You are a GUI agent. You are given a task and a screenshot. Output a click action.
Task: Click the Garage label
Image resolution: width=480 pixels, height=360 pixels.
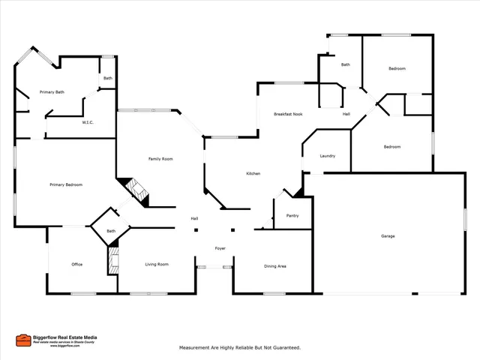(x=388, y=236)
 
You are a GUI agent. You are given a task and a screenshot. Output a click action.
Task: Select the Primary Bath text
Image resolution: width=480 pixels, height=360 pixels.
(x=52, y=92)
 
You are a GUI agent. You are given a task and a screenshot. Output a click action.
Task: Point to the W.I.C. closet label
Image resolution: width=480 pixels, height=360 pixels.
(x=88, y=122)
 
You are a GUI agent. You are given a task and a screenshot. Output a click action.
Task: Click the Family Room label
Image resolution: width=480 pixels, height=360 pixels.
(x=160, y=159)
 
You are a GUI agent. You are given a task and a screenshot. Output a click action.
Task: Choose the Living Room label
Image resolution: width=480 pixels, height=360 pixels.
(x=157, y=264)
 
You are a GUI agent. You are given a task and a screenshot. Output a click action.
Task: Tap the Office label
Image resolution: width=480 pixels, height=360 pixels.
(x=76, y=264)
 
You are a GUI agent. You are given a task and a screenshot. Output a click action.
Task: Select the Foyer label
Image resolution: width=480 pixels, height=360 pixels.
(x=220, y=248)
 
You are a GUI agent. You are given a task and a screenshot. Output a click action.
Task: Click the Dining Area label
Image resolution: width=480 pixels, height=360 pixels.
(x=275, y=265)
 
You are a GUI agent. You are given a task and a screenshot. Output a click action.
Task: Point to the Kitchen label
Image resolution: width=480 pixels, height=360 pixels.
(x=253, y=174)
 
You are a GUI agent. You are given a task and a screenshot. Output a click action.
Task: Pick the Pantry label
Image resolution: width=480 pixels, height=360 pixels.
(x=292, y=216)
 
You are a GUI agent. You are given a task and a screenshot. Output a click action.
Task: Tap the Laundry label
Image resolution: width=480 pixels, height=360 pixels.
(x=327, y=156)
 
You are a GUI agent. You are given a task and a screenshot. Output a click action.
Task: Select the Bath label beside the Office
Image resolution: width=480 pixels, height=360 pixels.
(x=111, y=231)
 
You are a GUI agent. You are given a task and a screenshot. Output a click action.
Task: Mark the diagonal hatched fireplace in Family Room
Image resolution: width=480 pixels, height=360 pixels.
(x=136, y=190)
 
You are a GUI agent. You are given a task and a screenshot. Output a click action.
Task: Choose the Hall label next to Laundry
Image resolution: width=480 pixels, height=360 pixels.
(x=346, y=114)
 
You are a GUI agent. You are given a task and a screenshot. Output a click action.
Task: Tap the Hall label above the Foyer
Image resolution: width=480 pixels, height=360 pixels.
(x=194, y=218)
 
